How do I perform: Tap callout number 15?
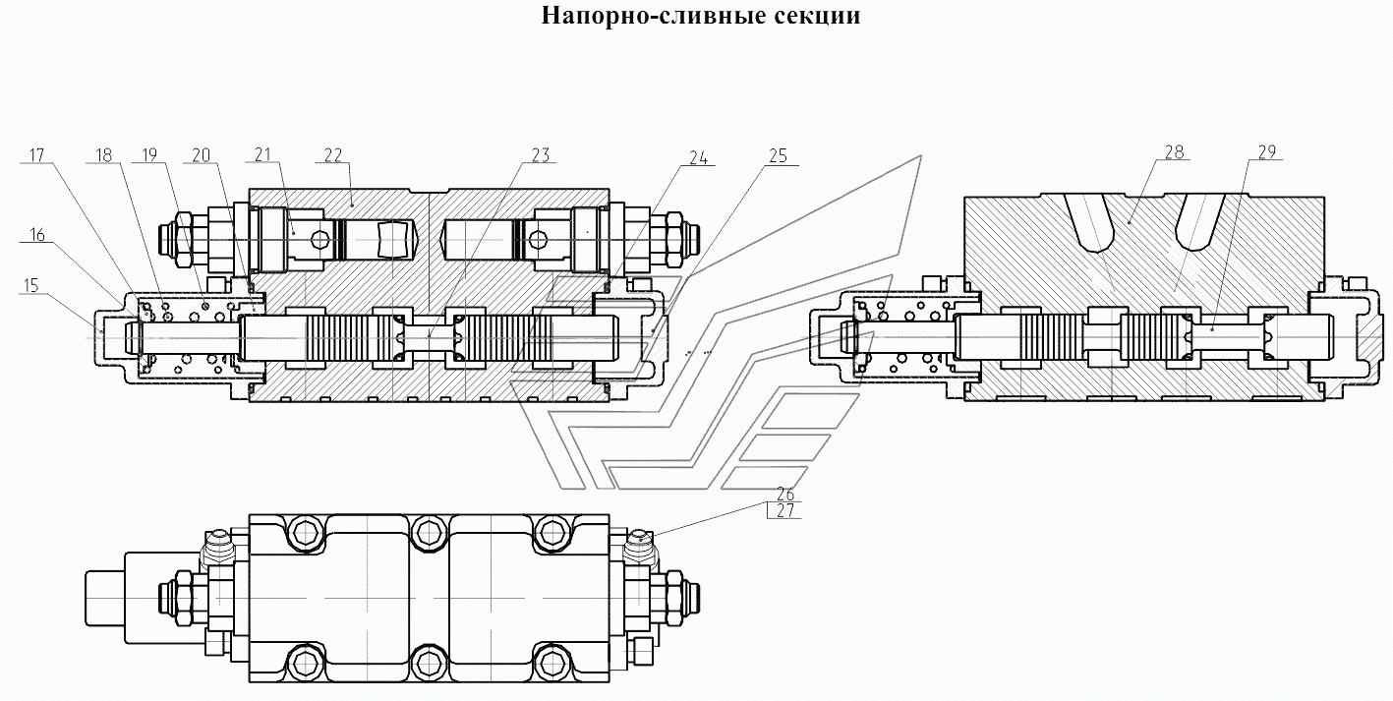tap(31, 285)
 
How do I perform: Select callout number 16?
tap(37, 235)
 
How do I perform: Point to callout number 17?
tap(36, 155)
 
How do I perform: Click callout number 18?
tap(104, 155)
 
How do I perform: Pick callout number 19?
tap(149, 155)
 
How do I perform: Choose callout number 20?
tap(201, 155)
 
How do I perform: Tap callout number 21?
tap(263, 154)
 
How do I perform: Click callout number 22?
tap(333, 155)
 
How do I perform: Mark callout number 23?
tap(541, 155)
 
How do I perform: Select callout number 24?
tap(698, 158)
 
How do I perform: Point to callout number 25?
tap(778, 156)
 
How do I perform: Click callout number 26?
tap(785, 494)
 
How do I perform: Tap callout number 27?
tap(785, 510)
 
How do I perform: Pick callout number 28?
tap(1174, 152)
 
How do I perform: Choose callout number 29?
tap(1267, 152)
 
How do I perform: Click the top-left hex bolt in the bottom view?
tap(306, 533)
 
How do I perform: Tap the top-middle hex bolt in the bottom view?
tap(429, 533)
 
